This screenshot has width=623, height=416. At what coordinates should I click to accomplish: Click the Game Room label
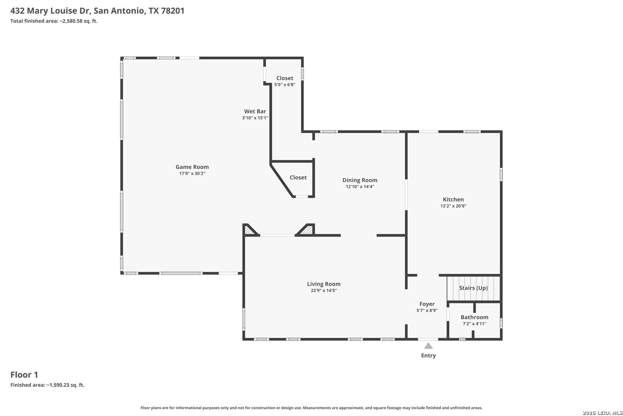(x=192, y=167)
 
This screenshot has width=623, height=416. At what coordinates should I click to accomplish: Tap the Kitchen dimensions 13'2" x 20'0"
(x=453, y=206)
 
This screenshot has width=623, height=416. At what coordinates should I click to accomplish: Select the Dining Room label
(x=360, y=180)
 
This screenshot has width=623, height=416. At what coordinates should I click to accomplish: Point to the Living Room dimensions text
(x=324, y=290)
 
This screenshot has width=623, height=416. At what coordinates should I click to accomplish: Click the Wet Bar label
(x=255, y=111)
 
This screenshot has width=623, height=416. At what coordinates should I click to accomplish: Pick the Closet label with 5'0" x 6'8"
(x=285, y=78)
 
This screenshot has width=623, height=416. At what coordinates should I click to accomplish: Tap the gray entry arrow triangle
(x=428, y=346)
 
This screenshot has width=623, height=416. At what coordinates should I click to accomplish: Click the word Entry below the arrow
(x=428, y=356)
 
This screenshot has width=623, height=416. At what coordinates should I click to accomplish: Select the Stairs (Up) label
(x=473, y=288)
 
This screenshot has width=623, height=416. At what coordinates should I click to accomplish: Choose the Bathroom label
(x=475, y=317)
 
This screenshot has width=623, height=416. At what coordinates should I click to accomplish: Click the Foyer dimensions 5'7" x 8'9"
(x=427, y=310)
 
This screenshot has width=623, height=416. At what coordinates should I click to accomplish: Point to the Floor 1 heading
(x=24, y=375)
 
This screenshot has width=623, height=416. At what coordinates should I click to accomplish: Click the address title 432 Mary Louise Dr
(x=50, y=11)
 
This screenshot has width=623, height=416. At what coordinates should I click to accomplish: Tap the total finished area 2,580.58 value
(x=71, y=21)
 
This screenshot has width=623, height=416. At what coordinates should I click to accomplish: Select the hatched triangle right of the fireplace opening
(x=307, y=230)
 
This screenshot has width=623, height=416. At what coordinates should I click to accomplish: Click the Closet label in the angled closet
(x=298, y=178)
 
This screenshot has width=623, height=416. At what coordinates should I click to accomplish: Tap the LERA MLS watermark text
(x=602, y=413)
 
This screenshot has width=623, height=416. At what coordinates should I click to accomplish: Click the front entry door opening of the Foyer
(x=428, y=339)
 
